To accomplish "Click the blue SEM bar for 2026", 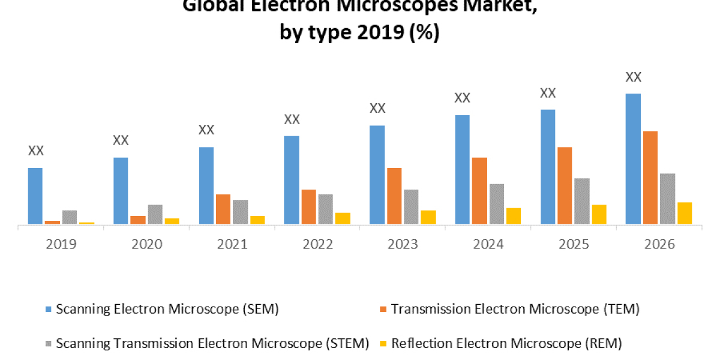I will coord(633,159).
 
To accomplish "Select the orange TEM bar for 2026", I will coord(650,178).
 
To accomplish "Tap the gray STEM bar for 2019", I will coord(70,217).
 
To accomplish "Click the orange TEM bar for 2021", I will coord(223,209).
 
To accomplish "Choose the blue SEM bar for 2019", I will coord(35,196).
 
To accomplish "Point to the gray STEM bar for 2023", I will coord(411,207).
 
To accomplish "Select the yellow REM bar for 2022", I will coord(343,218).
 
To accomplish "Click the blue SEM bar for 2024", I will coord(462,170).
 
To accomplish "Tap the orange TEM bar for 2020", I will coord(138,220).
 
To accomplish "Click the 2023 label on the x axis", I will coord(403,244).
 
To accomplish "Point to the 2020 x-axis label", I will coord(146,244).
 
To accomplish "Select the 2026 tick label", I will coord(659,244).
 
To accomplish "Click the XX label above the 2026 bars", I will coord(634,77).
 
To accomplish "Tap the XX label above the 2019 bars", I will coord(36,151).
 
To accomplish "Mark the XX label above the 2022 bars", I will coord(292,119).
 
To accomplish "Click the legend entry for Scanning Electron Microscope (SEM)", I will coord(162,309).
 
